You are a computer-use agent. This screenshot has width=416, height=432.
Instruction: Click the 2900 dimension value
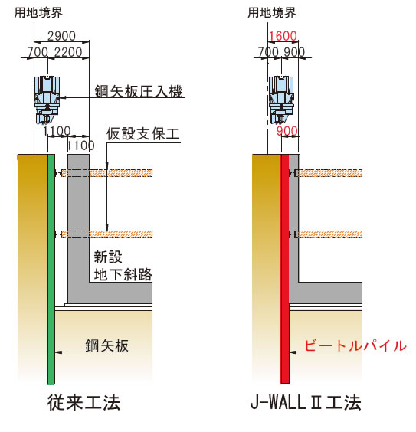[x=61, y=36]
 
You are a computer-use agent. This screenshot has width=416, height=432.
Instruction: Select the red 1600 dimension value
[x=283, y=36]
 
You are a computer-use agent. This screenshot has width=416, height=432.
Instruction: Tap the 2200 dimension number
[x=68, y=52]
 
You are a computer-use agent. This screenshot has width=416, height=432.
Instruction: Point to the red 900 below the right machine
[x=287, y=131]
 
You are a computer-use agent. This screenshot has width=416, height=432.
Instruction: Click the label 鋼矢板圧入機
[x=139, y=91]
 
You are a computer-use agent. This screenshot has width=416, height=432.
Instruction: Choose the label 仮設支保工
[x=143, y=134]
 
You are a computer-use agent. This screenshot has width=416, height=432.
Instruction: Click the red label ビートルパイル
[x=355, y=345]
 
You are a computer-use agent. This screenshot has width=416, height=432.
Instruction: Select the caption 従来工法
[x=84, y=403]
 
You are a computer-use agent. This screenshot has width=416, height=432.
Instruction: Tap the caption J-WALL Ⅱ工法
[x=306, y=403]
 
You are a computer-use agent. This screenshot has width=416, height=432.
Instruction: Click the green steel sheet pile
[x=51, y=269]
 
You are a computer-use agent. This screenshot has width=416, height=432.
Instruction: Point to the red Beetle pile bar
[x=285, y=269]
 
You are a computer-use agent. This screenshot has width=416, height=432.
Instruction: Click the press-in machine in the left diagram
[x=47, y=99]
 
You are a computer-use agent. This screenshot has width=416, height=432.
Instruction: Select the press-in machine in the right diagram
[x=281, y=99]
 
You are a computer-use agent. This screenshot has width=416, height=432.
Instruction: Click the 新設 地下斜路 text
[x=123, y=266]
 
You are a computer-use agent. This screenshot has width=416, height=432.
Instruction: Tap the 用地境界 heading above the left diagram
[x=38, y=13]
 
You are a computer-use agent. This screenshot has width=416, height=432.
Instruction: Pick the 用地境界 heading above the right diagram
[x=272, y=13]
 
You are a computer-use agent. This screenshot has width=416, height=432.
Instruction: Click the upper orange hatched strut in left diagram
[x=107, y=173]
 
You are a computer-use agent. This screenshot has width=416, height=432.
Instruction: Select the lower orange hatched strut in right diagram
[x=329, y=234]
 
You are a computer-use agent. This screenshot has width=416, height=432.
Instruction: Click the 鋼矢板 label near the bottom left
[x=107, y=345]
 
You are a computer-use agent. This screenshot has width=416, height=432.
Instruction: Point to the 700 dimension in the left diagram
[x=38, y=52]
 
